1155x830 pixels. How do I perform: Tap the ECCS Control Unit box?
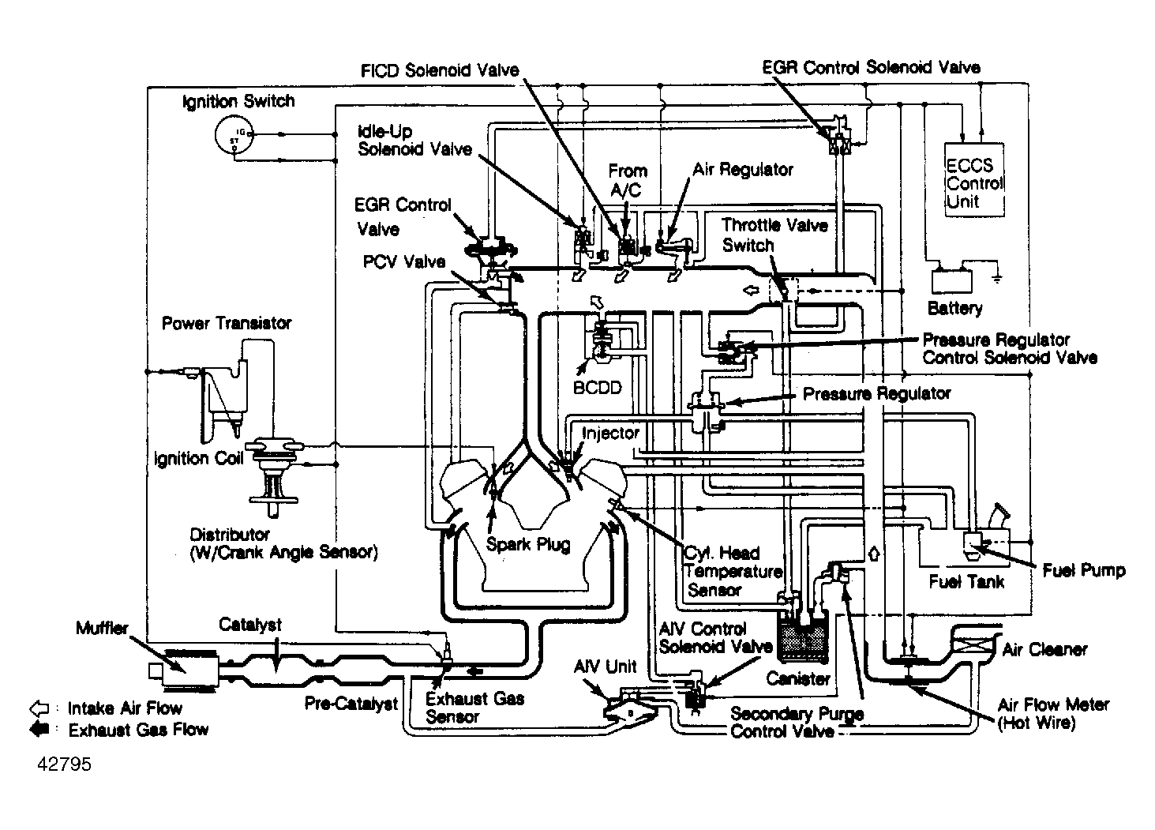click(x=975, y=180)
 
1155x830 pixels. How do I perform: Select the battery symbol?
click(x=954, y=281)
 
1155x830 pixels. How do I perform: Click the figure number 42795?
click(x=63, y=765)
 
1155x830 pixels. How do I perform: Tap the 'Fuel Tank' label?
click(x=966, y=582)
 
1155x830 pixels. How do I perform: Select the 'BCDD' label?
click(x=598, y=388)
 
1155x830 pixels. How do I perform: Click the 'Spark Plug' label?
click(x=527, y=544)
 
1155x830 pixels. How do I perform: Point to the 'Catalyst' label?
click(x=250, y=625)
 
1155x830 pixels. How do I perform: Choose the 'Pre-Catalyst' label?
click(x=351, y=704)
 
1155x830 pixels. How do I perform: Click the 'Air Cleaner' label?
click(x=1044, y=650)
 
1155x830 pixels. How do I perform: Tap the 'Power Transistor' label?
click(x=227, y=323)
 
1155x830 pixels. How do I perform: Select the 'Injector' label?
click(x=610, y=434)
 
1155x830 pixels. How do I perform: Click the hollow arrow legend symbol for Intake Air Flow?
click(x=39, y=708)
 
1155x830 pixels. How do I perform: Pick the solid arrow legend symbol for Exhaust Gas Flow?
click(x=39, y=729)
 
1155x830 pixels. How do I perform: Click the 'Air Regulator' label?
click(x=743, y=170)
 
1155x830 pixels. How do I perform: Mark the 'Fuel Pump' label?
click(x=1083, y=570)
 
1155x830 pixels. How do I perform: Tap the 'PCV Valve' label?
click(x=404, y=261)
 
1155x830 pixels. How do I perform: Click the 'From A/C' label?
click(x=628, y=181)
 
